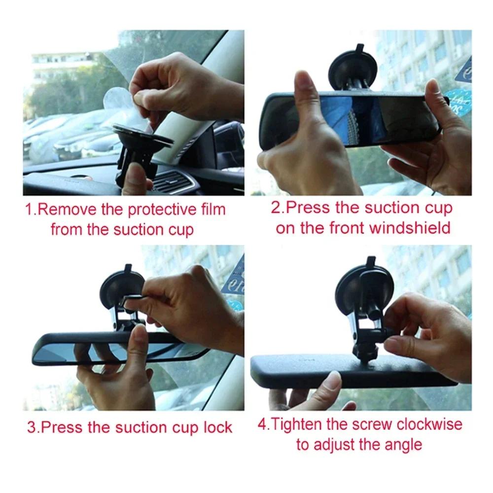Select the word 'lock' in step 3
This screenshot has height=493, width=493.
pyautogui.click(x=217, y=427)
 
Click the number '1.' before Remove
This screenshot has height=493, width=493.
pyautogui.click(x=31, y=210)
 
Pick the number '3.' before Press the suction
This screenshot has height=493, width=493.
pyautogui.click(x=33, y=427)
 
